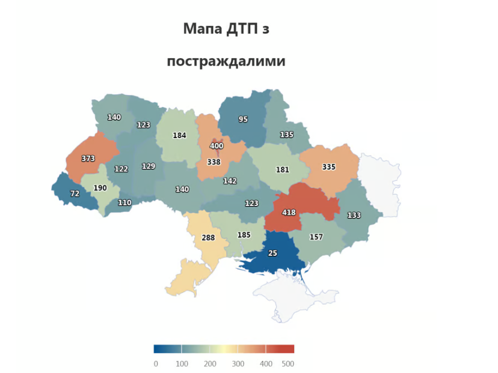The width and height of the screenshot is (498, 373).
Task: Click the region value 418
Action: (x=289, y=213)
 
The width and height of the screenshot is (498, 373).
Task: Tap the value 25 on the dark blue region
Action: (x=272, y=253)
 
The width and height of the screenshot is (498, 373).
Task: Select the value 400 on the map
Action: (x=217, y=147)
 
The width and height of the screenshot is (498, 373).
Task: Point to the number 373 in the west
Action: (x=88, y=159)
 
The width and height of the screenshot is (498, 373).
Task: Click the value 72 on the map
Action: (x=75, y=194)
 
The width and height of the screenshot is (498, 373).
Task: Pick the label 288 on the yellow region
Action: (x=208, y=238)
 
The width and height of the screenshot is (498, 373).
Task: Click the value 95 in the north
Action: (x=243, y=119)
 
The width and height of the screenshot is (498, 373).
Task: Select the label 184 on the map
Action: (x=179, y=135)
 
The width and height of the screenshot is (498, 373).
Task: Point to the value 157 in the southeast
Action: (x=316, y=237)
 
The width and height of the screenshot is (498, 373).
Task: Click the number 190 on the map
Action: (x=100, y=188)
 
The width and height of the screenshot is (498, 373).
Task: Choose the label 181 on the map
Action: (x=282, y=169)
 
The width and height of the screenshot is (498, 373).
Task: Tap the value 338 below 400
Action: (x=214, y=162)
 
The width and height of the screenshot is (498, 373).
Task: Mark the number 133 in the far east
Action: (x=354, y=215)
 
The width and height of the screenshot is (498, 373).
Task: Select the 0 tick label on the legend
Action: (x=156, y=363)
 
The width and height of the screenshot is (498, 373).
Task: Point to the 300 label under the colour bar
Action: (x=237, y=363)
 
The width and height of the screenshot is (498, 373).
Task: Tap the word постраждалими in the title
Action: (x=226, y=61)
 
